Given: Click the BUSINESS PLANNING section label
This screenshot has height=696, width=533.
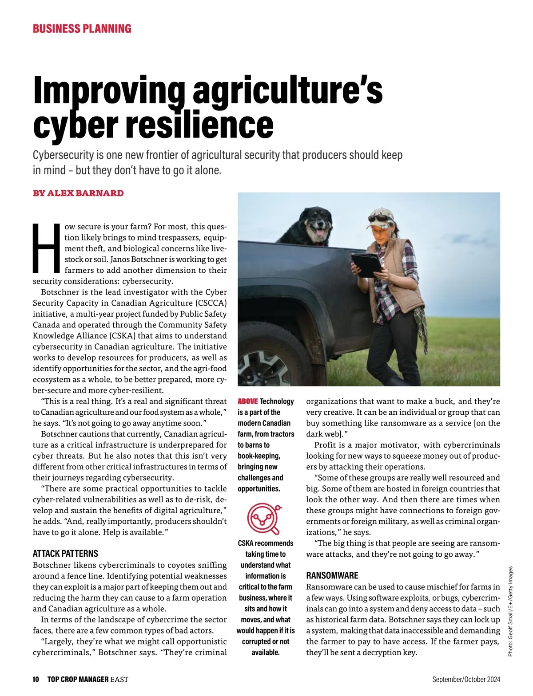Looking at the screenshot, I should coord(82,29).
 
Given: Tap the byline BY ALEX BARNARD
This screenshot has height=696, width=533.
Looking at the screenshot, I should coord(78,193).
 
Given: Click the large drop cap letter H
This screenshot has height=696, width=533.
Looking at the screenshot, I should coord(46,248).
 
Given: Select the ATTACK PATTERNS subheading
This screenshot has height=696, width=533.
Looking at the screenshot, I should coord(65,554).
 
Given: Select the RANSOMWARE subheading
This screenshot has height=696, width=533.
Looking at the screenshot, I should coord(332,575).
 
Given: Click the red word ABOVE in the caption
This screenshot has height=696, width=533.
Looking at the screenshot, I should coord(248,401).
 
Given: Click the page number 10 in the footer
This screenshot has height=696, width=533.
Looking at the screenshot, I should coord(36,679).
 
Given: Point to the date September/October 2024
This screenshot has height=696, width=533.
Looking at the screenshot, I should coord(466,679).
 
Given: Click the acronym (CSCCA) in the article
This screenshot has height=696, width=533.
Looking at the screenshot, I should coord(211,303).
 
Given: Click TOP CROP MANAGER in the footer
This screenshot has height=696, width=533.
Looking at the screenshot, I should coord(78,679).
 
